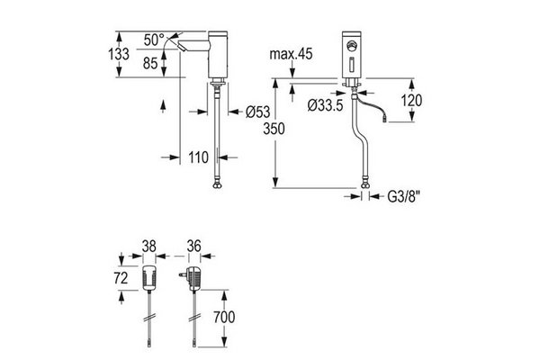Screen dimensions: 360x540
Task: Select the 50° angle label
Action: (x=154, y=39)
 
